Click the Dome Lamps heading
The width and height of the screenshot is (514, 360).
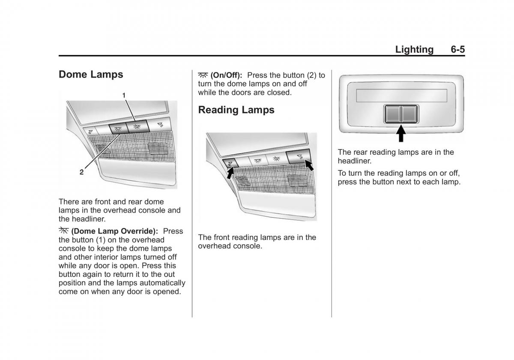(91, 75)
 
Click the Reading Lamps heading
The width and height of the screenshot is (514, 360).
(236, 110)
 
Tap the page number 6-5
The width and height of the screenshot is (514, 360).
(458, 49)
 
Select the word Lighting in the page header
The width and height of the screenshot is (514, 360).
(415, 50)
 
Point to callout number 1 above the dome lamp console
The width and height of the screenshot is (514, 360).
(124, 95)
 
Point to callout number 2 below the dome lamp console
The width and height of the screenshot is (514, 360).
(81, 172)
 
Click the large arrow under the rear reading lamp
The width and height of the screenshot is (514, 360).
(401, 133)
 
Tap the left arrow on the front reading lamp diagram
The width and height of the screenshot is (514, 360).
(230, 173)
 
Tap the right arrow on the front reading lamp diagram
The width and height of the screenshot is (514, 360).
(309, 165)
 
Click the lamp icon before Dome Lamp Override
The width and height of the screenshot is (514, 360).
(63, 230)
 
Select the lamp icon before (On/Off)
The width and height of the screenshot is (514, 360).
(203, 75)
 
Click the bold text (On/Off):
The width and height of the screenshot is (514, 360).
(226, 75)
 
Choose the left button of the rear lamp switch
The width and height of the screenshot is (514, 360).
(393, 114)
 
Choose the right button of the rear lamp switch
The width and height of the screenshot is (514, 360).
(409, 114)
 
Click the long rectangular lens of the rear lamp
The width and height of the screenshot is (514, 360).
(402, 96)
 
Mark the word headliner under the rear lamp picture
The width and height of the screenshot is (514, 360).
(354, 161)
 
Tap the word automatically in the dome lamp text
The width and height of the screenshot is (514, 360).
(162, 283)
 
